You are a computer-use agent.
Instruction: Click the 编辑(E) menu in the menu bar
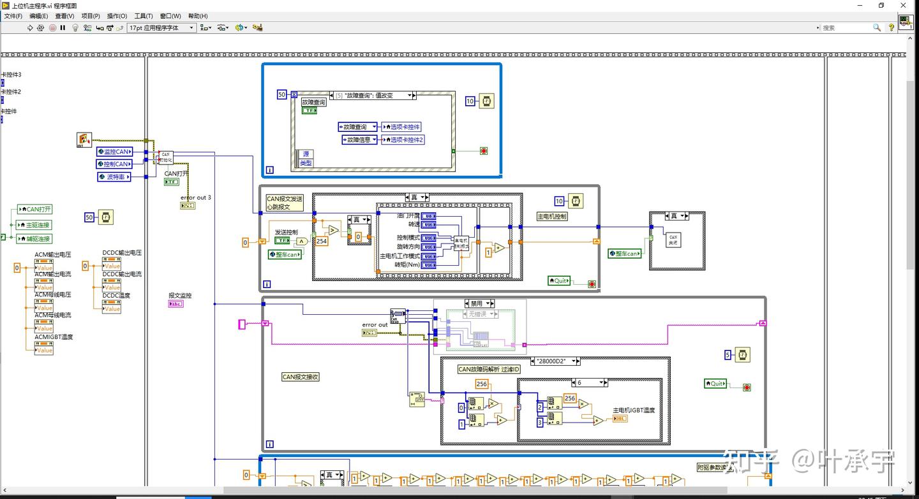click(x=38, y=16)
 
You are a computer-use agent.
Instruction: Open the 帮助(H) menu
click(x=198, y=16)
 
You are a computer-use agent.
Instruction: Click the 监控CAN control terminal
click(x=115, y=152)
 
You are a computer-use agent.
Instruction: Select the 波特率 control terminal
click(x=115, y=177)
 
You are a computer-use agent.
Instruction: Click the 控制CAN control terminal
click(x=115, y=164)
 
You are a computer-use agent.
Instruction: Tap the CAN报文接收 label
click(x=301, y=377)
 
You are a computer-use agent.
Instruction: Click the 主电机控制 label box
click(x=552, y=217)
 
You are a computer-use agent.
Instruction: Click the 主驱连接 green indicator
click(x=34, y=225)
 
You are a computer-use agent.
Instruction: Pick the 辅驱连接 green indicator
click(x=34, y=239)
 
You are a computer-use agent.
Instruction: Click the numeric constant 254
click(x=322, y=241)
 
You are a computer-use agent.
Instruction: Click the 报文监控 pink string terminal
click(x=176, y=304)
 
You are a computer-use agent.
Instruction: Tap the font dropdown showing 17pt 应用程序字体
click(x=161, y=28)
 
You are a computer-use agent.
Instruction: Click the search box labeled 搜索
click(x=849, y=28)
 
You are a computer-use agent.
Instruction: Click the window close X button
click(x=903, y=5)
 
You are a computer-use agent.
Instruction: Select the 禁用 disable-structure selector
click(x=479, y=303)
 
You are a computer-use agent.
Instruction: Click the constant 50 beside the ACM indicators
click(x=89, y=218)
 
